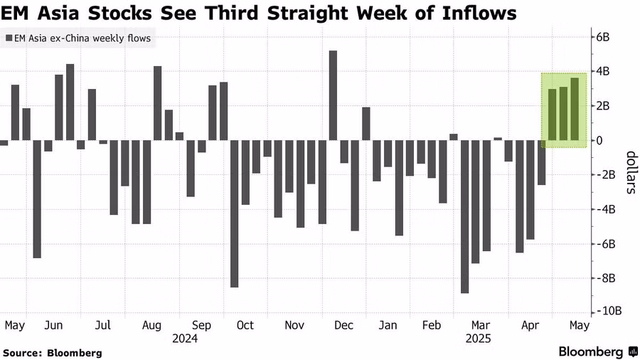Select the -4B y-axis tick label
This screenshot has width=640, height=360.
(x=606, y=209)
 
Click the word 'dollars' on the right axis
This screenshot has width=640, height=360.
(x=629, y=172)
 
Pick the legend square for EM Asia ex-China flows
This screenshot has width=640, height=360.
(x=8, y=38)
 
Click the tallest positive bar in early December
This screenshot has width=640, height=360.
(x=333, y=95)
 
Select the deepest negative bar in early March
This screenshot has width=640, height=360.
(x=464, y=216)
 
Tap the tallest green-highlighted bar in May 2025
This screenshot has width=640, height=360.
(x=575, y=109)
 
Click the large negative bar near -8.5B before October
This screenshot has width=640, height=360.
(x=235, y=213)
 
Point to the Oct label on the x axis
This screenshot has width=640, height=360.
(x=245, y=326)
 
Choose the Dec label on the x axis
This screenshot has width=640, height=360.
(x=343, y=326)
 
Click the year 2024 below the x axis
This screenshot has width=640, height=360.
(x=185, y=339)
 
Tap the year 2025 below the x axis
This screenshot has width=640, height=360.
(x=477, y=339)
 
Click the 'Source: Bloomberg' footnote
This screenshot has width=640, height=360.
(x=53, y=352)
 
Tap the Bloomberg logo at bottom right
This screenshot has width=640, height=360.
(x=598, y=351)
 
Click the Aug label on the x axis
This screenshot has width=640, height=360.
(x=152, y=326)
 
